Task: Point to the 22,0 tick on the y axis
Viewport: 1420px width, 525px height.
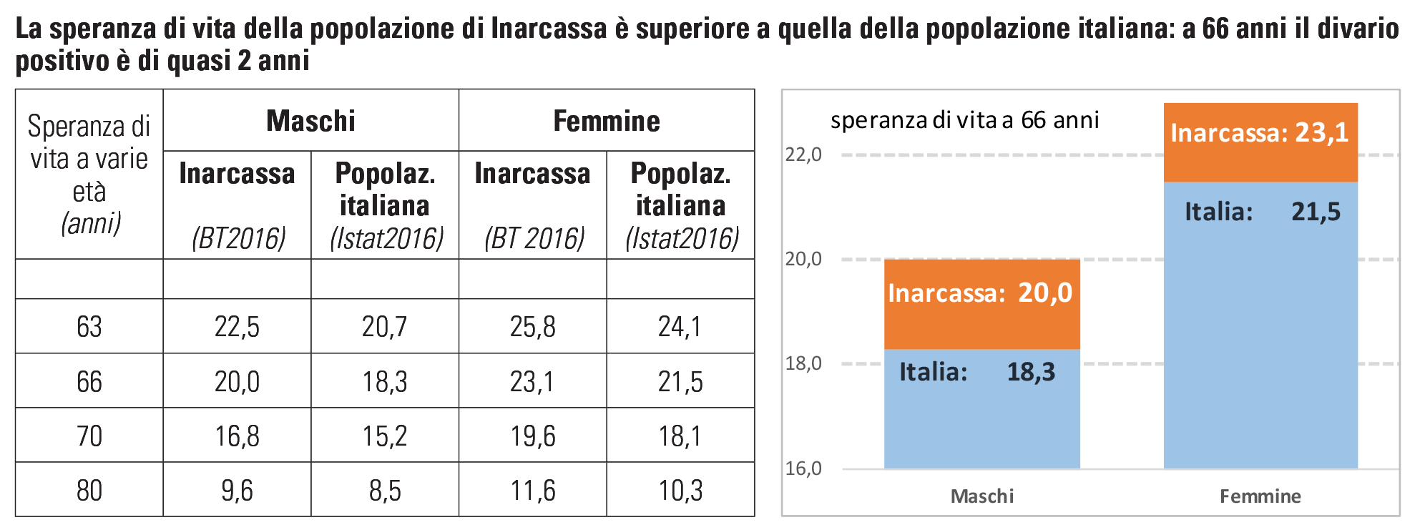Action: pos(803,154)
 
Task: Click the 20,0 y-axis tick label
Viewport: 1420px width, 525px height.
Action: pos(803,259)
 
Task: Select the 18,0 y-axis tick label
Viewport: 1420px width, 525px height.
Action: pos(803,363)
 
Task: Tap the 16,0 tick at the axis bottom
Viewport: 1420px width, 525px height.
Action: pos(803,468)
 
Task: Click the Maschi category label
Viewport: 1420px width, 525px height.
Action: pos(981,496)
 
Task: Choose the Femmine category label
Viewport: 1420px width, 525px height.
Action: pos(1260,496)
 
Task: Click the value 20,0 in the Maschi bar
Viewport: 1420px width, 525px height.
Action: pos(1045,293)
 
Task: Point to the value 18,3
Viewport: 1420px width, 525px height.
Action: pos(1031,372)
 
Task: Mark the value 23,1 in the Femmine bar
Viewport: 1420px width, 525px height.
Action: pos(1321,132)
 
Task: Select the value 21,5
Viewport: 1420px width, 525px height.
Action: pos(1316,212)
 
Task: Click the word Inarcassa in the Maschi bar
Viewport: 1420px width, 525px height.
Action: pos(946,293)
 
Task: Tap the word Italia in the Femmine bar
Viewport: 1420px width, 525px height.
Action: pos(1218,212)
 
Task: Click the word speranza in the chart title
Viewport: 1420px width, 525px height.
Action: pos(878,120)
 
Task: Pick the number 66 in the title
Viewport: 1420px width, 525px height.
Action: pos(1033,120)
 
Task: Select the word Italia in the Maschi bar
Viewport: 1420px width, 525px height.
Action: pos(933,372)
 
